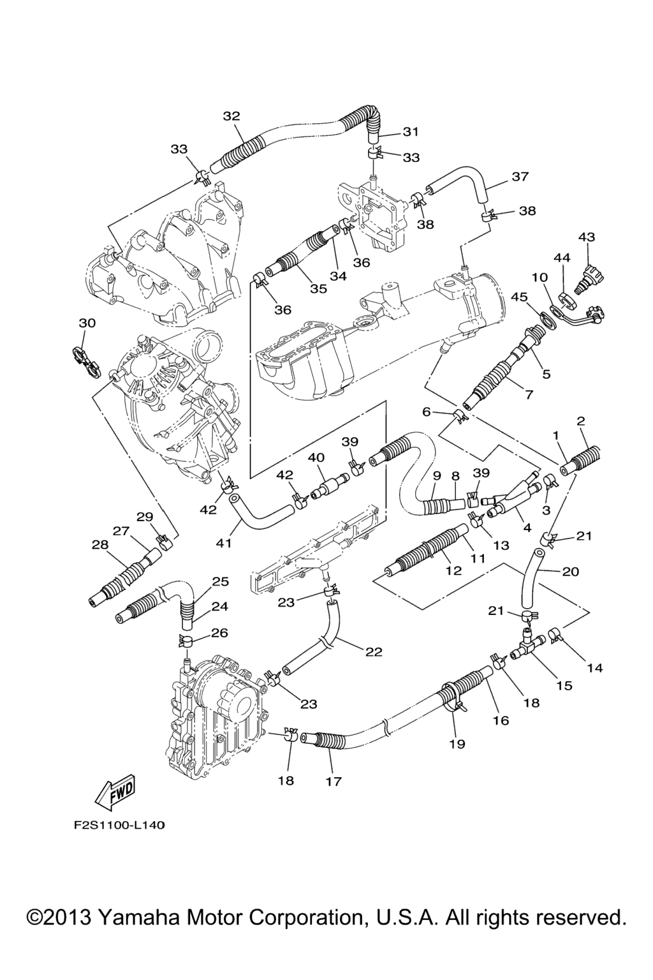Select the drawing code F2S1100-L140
coord(118,825)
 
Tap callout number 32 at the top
coord(231,115)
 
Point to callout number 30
coord(87,323)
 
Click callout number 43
coord(587,237)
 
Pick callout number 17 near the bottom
coord(334,781)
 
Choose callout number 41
coord(224,543)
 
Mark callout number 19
coord(457,743)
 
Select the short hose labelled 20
coord(531,579)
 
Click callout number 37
coord(520,176)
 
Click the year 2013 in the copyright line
coord(68,917)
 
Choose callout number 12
coord(453,570)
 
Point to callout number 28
coord(100,544)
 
